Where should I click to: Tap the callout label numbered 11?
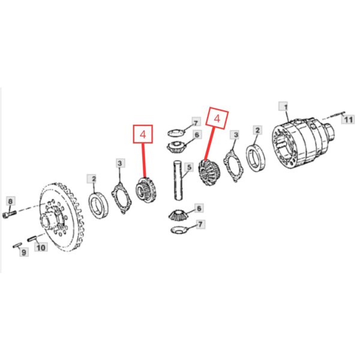coord(348,119)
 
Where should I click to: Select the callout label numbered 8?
coord(11,202)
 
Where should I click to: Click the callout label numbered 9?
coord(23,253)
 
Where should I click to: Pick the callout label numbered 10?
coord(41,247)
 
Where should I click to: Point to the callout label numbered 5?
coord(189,167)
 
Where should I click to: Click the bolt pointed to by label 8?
coord(10,214)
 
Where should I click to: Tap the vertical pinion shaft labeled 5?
coord(178,180)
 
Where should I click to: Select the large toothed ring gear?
coord(62,217)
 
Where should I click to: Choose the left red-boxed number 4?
coord(143,134)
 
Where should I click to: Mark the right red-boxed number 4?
coord(217,119)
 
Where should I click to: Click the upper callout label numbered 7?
coord(196,123)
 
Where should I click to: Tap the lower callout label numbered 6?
coord(199,208)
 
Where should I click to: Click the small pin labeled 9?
coord(17,245)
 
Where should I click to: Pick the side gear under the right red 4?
coord(209,172)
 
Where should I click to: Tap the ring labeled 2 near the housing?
coord(256,157)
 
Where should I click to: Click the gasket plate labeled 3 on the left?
coord(121,198)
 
